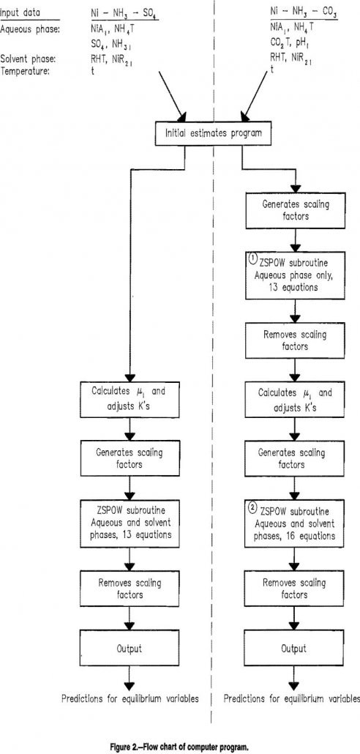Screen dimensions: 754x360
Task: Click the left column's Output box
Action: [130, 649]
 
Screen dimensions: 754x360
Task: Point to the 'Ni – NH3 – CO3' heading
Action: [303, 12]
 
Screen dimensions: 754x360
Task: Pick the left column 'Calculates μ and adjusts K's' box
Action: [130, 397]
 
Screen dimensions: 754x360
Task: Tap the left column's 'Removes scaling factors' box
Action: [130, 589]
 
